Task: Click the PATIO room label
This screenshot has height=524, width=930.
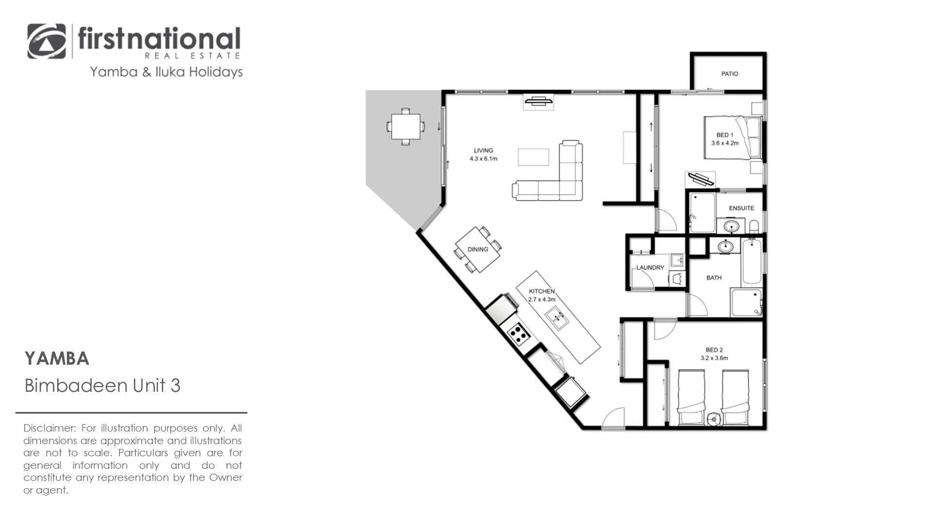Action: pos(729,74)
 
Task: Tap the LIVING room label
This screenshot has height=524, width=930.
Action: pos(483,151)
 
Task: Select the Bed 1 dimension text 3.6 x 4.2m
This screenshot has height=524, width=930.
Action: pos(725,143)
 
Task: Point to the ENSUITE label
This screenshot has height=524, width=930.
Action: pos(741,208)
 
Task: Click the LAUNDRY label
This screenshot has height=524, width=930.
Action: pos(650,267)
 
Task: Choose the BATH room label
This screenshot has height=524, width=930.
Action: pos(714,277)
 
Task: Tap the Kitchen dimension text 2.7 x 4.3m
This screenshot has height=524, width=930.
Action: pos(542,299)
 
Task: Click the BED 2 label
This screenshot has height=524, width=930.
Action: pos(714,350)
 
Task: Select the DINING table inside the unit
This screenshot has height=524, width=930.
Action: pos(478,249)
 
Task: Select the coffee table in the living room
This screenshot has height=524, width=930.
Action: pos(533,157)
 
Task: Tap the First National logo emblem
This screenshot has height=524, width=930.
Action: pos(47,41)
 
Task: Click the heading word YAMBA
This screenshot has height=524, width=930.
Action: pos(57,359)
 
